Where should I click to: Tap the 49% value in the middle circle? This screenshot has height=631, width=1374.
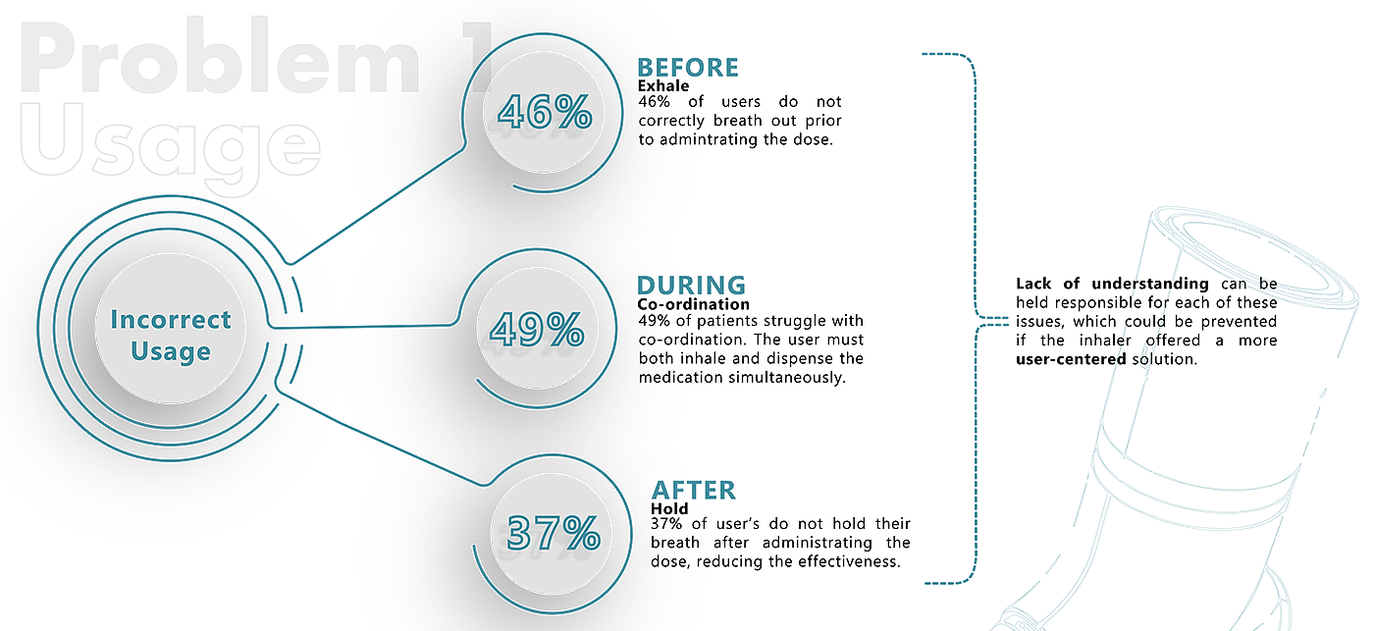pyautogui.click(x=537, y=330)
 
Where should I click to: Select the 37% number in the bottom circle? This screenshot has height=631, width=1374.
pyautogui.click(x=554, y=533)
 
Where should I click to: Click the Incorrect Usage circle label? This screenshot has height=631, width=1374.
pyautogui.click(x=171, y=336)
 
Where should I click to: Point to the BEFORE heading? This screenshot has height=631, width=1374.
pyautogui.click(x=687, y=68)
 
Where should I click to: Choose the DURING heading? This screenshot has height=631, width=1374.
pyautogui.click(x=691, y=286)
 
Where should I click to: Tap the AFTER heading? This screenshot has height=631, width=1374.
pyautogui.click(x=692, y=490)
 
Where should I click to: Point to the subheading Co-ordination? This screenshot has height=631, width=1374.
pyautogui.click(x=692, y=305)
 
